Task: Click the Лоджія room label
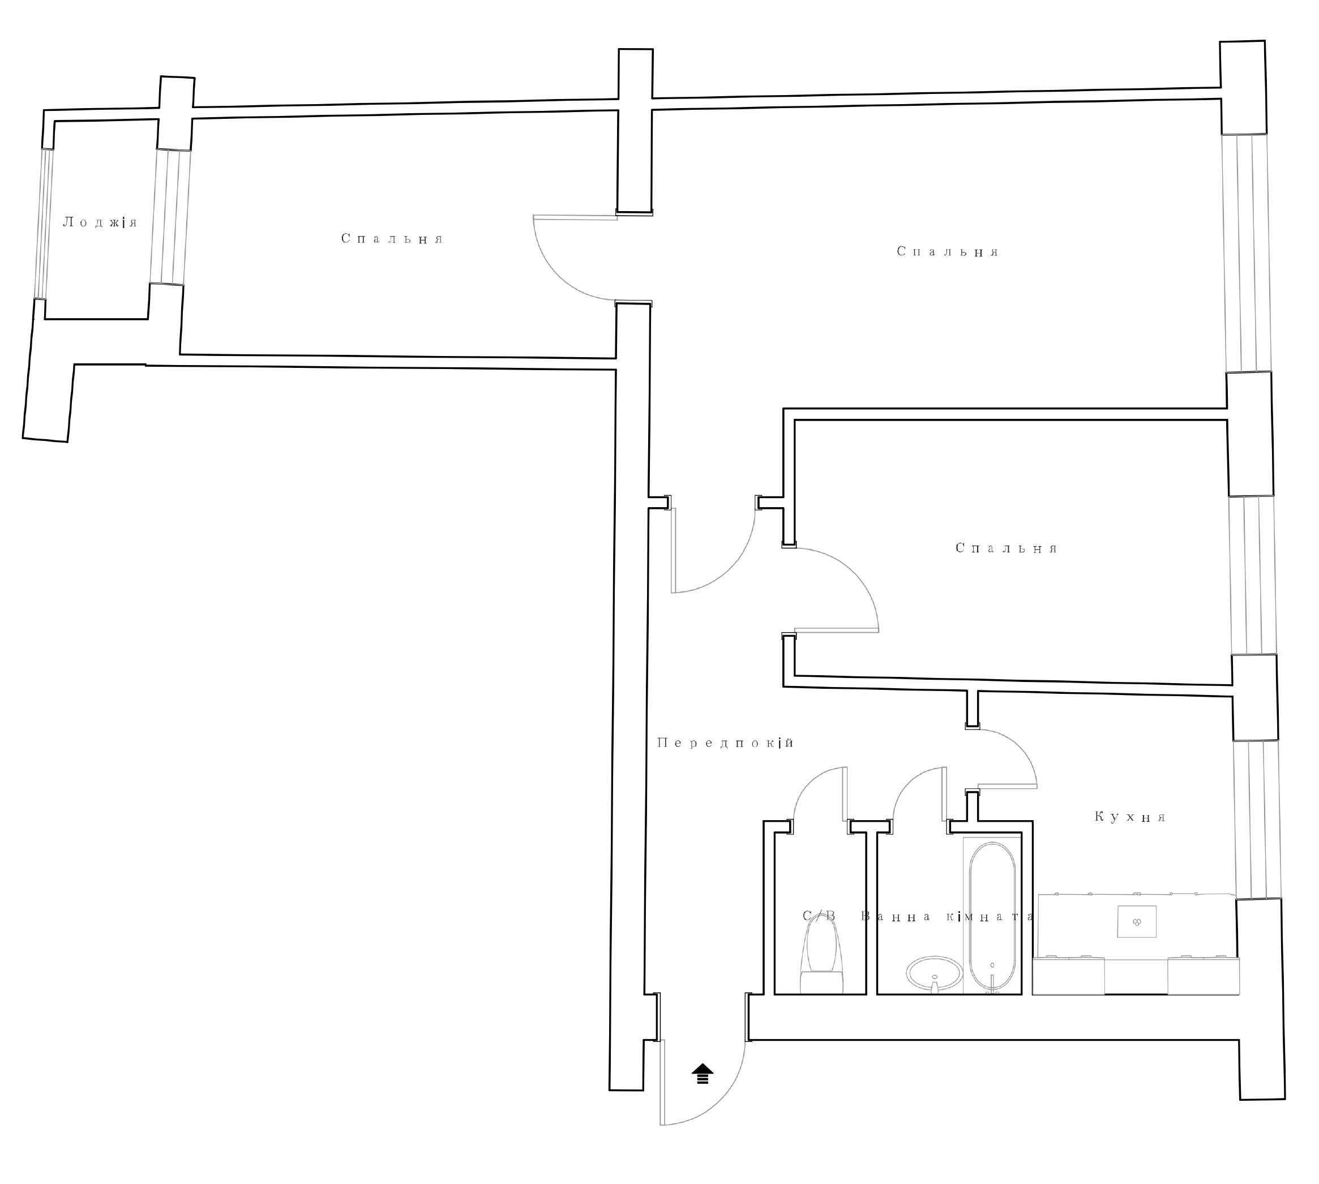100,222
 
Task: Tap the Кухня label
1130,817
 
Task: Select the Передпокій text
726,743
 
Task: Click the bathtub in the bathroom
993,918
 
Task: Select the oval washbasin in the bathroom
935,975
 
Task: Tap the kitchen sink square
1137,921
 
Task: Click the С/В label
819,916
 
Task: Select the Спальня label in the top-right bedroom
948,252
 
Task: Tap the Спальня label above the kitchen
1007,548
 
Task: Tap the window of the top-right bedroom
1247,253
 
